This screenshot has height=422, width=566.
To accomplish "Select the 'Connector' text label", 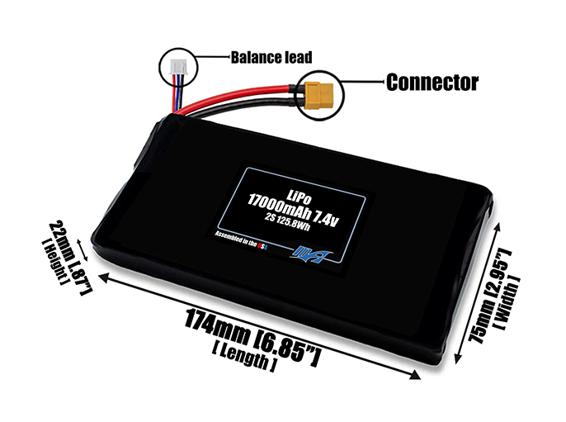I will (x=432, y=82).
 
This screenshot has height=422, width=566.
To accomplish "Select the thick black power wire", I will (x=248, y=106).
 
